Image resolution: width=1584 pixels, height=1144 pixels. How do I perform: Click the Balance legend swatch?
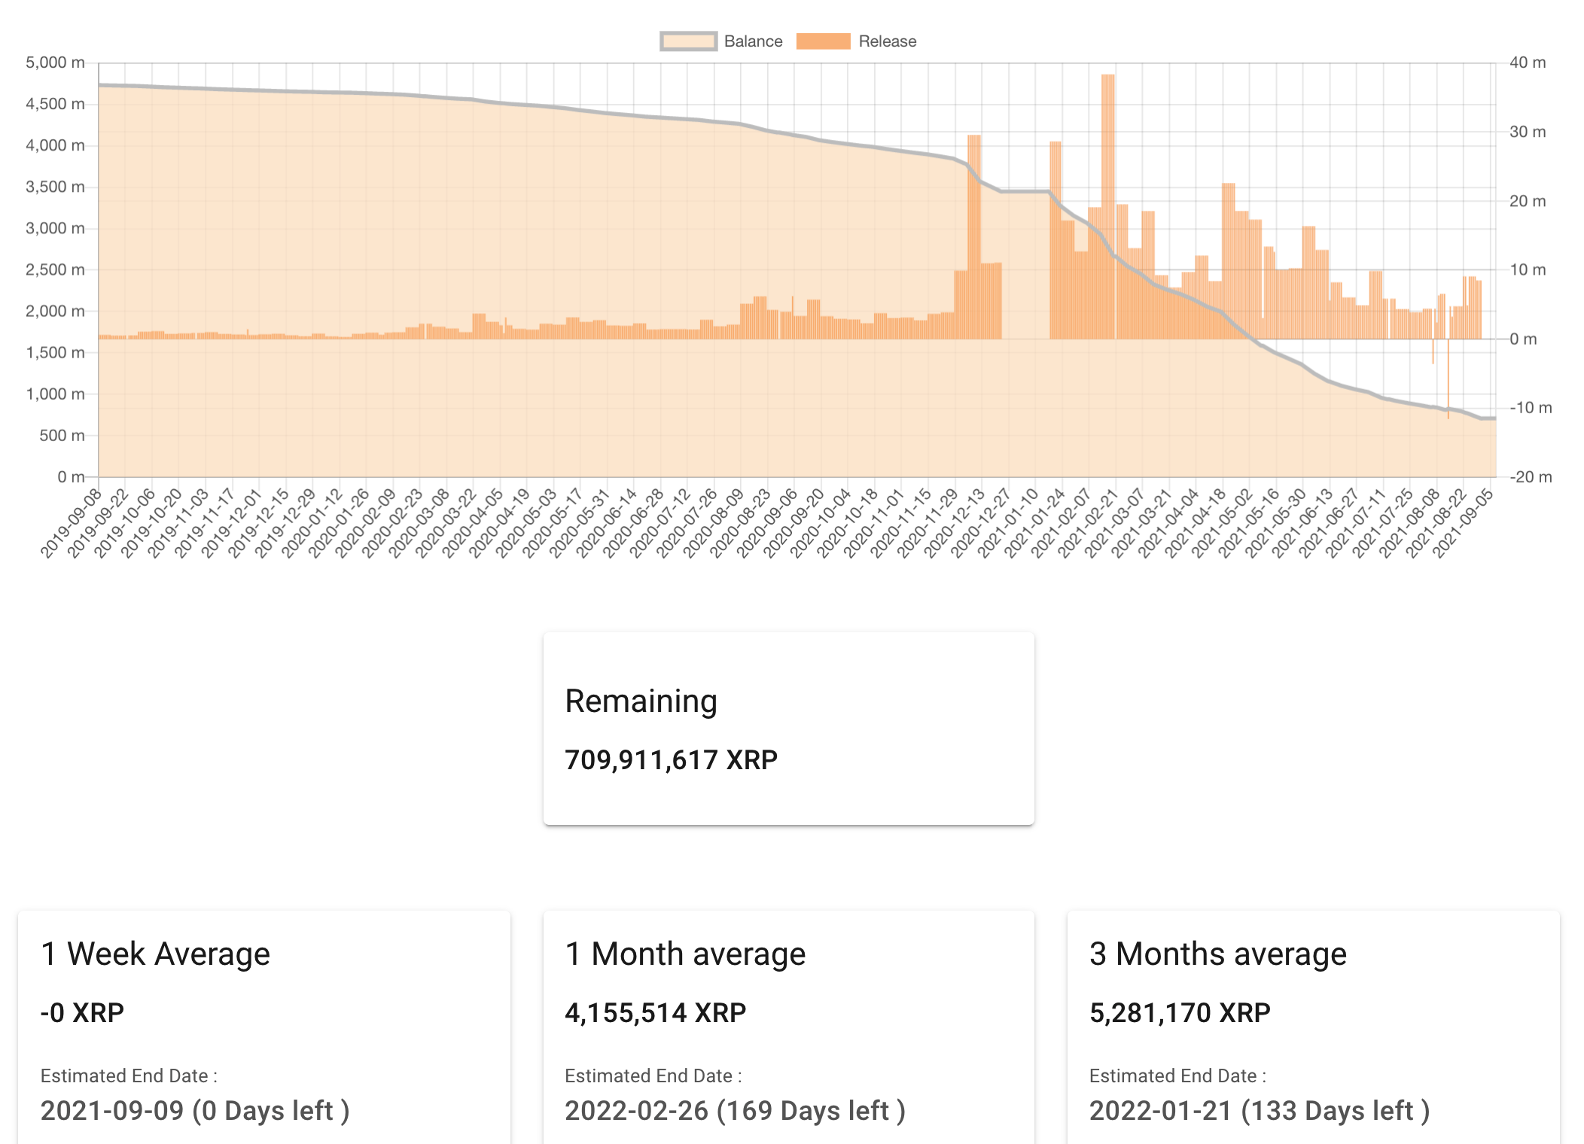tap(688, 41)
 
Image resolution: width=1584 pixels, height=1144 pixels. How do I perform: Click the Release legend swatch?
tap(823, 41)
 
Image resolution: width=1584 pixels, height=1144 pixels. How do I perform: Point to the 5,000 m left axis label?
tap(55, 62)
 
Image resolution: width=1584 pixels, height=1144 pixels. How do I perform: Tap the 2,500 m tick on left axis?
tap(55, 269)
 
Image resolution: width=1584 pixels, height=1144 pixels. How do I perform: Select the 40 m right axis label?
tap(1527, 62)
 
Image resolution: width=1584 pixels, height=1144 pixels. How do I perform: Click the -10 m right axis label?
tap(1531, 408)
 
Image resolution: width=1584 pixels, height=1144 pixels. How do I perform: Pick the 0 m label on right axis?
tap(1523, 339)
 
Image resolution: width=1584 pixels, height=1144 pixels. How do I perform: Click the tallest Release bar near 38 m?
tap(1107, 203)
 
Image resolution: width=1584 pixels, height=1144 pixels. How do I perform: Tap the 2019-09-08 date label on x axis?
tap(72, 522)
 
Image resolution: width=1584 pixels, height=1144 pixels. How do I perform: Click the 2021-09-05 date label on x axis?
tap(1464, 522)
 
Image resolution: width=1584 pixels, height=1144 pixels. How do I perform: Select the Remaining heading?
tap(641, 701)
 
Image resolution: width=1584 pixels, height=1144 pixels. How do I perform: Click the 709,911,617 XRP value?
tap(671, 760)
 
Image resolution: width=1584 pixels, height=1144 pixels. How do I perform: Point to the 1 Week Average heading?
tap(155, 954)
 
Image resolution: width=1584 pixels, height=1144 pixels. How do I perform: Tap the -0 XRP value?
tap(82, 1013)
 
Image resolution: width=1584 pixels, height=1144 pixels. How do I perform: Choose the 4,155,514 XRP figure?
tap(655, 1013)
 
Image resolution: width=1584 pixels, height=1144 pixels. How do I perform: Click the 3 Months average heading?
tap(1217, 954)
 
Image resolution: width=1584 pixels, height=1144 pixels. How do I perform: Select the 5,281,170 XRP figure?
tap(1180, 1013)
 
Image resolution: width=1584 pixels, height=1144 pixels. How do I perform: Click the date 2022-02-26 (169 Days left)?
tap(735, 1111)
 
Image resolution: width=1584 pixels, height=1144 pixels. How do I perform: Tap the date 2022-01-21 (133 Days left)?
tap(1259, 1111)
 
